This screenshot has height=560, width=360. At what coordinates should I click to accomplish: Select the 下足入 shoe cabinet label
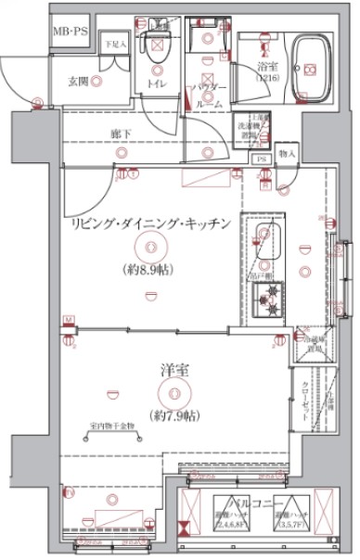coord(116,45)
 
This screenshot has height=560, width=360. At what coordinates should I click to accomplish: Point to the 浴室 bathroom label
coord(270,67)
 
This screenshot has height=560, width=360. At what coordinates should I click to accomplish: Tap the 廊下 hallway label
coord(120,133)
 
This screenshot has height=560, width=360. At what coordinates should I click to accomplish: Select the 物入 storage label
coord(288,152)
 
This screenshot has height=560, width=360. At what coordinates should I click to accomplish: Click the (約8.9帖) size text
coord(149,270)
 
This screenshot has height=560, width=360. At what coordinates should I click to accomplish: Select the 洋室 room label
coord(168,371)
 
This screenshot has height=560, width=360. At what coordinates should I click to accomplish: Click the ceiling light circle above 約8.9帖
coord(149,247)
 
